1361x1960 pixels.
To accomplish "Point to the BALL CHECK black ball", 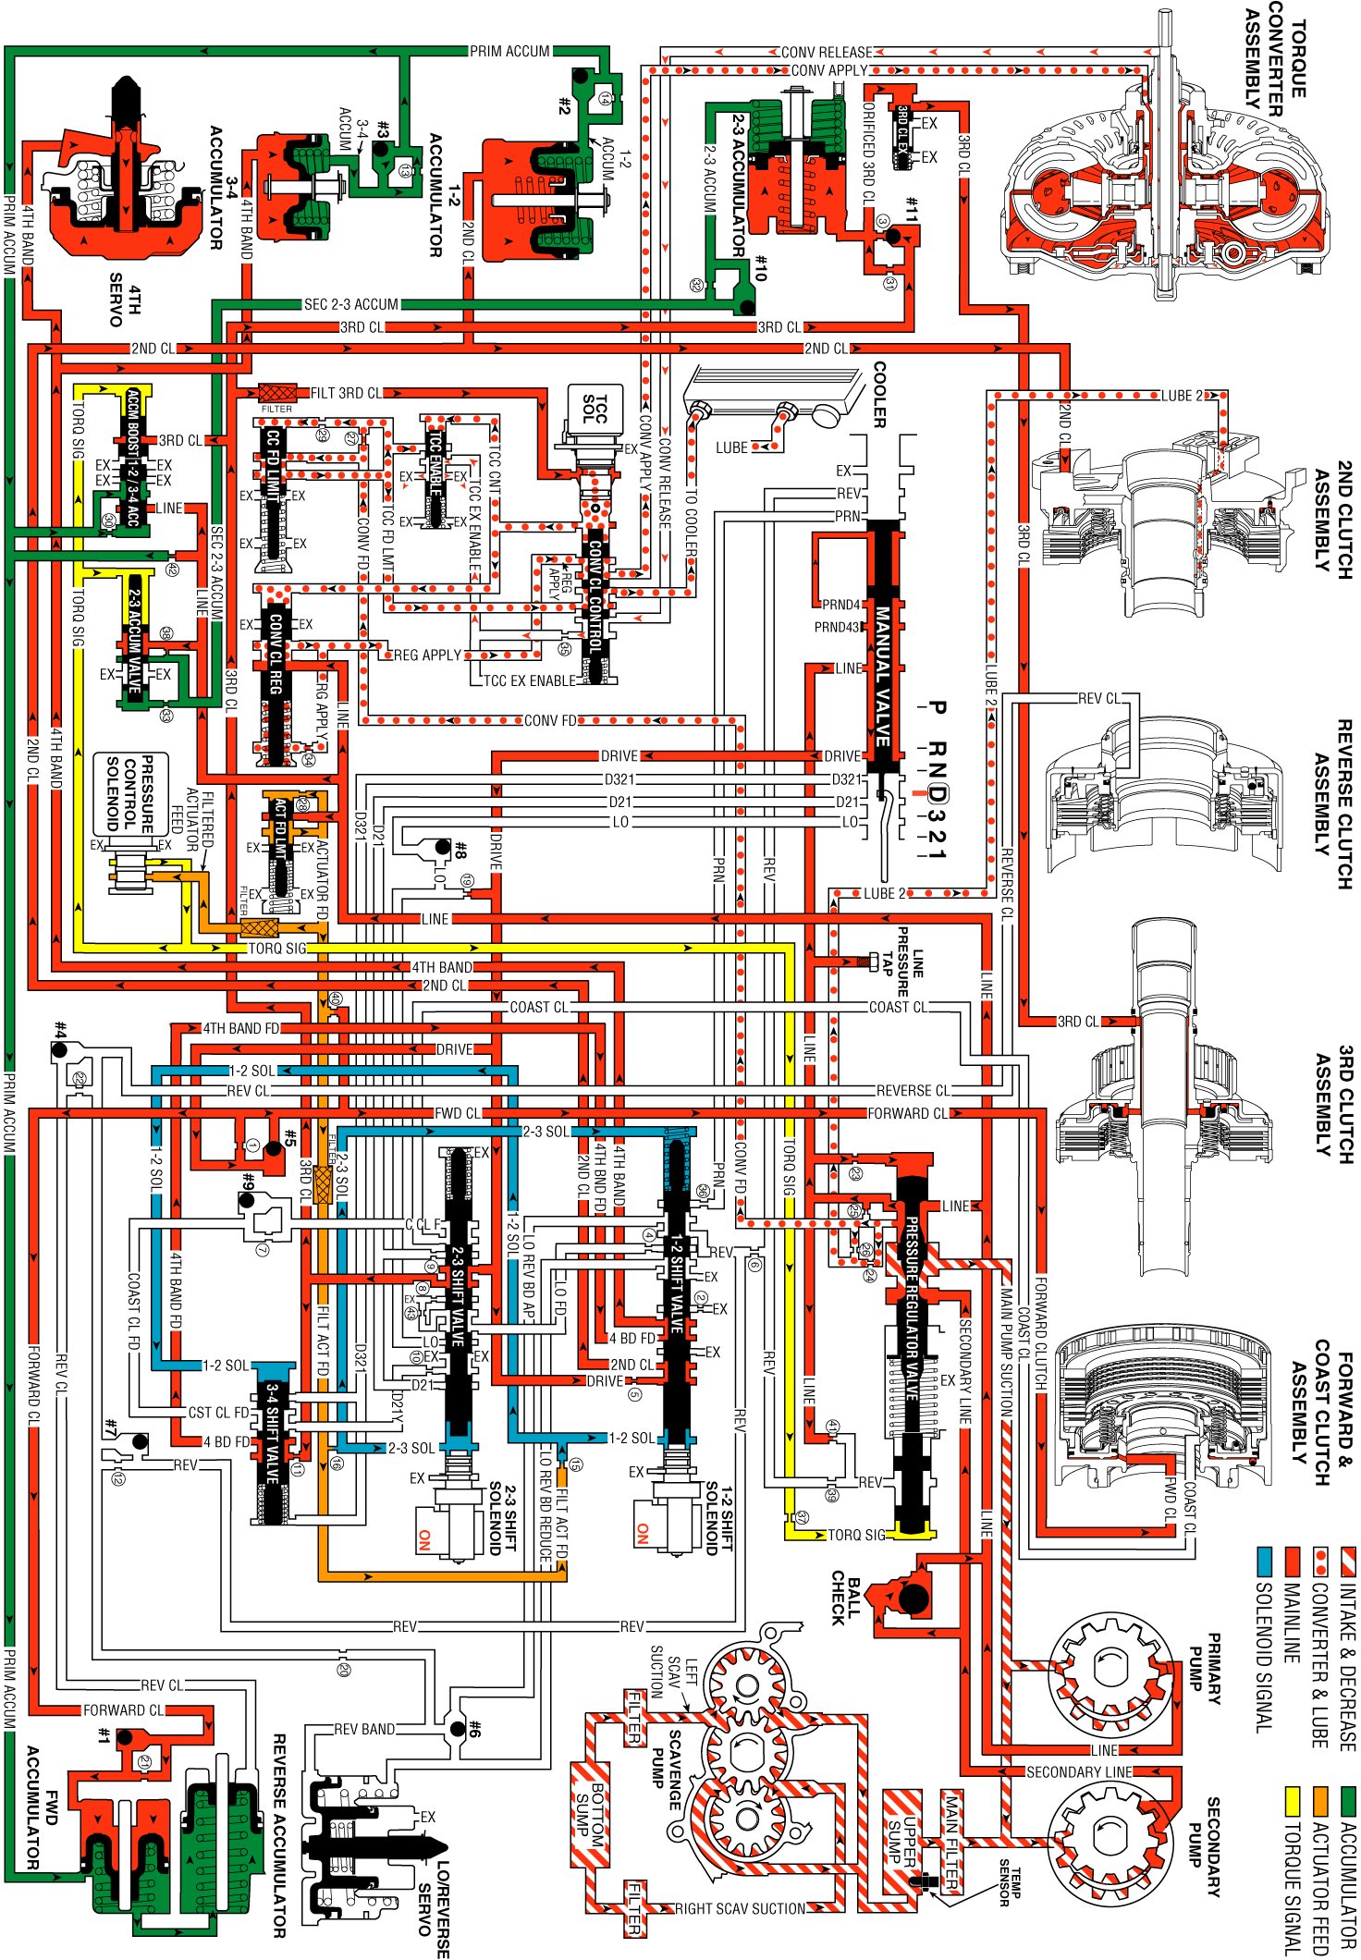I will coord(913,1598).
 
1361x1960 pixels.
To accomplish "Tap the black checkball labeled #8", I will coord(443,847).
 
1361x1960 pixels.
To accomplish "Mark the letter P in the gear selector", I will coord(937,707).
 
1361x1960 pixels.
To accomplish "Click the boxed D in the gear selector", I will coord(937,793).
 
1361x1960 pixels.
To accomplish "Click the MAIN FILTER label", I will coord(951,1841).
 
